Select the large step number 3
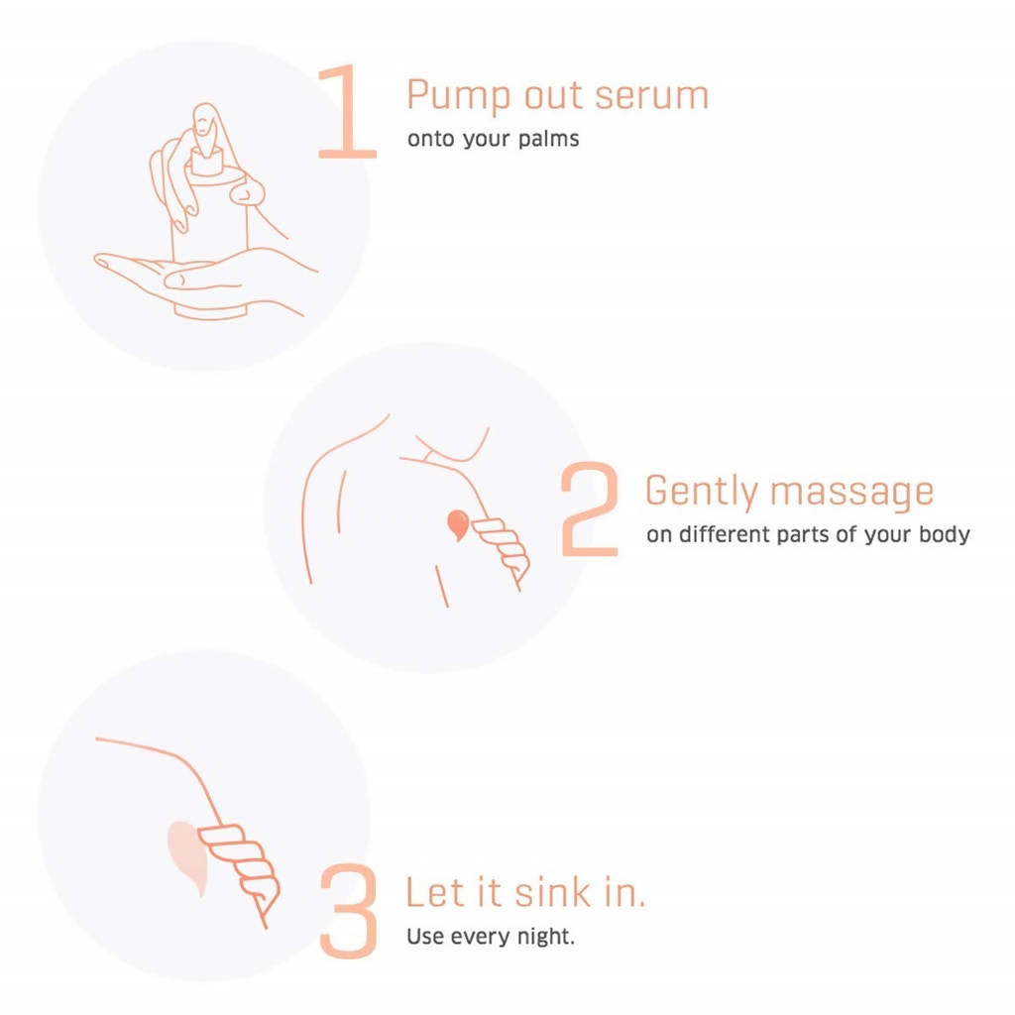tap(349, 911)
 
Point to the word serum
tap(652, 95)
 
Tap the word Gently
tap(701, 492)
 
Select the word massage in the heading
tap(851, 493)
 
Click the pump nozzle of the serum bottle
tap(206, 161)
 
